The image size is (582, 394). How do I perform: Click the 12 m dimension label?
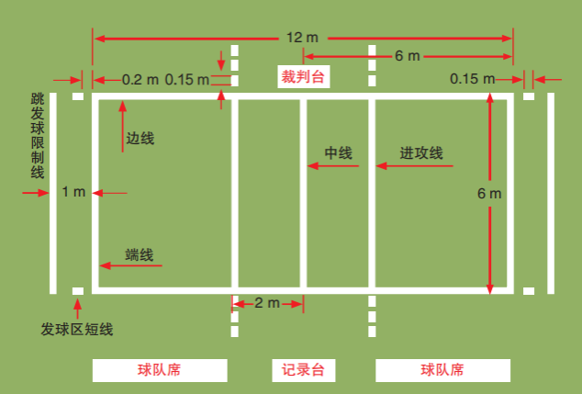click(302, 38)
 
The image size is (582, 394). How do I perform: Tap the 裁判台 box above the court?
click(303, 76)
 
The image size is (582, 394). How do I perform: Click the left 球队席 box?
click(160, 370)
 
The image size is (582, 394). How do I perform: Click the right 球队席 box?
click(442, 370)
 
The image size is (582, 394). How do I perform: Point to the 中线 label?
click(339, 153)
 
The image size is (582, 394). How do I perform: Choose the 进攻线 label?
click(421, 153)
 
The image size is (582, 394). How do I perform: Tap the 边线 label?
click(140, 139)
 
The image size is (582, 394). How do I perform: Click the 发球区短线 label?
click(76, 328)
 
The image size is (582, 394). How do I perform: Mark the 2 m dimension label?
click(267, 303)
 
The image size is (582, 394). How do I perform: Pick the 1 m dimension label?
click(73, 193)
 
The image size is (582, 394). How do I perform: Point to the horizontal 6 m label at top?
click(408, 56)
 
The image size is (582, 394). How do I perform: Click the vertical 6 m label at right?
click(489, 193)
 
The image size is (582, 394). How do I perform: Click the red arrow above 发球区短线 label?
click(77, 306)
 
